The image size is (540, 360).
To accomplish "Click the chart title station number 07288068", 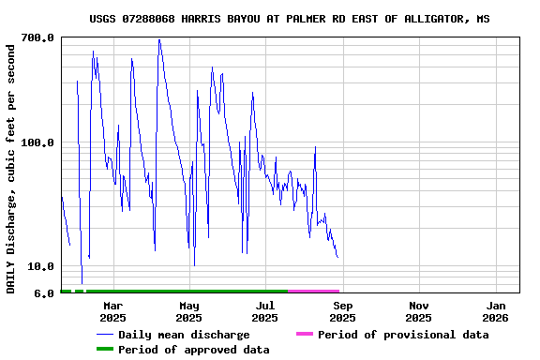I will point(178,19).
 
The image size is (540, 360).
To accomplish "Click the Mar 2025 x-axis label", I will point(112,311).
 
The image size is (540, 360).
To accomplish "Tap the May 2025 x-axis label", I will point(189,311).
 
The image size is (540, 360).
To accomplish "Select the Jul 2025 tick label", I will point(265,311).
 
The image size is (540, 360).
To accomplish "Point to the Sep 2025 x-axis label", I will point(343,311).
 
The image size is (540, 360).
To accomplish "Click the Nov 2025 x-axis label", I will point(419,311).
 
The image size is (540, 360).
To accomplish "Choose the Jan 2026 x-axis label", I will point(496,311).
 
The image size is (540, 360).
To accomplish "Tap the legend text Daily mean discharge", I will point(184,335).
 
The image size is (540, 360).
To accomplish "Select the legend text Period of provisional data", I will point(403,335).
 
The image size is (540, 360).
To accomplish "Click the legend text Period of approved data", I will point(194,350).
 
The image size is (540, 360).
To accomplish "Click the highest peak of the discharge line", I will point(159,39).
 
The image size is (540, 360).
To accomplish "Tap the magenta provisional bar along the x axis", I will point(314,292).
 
